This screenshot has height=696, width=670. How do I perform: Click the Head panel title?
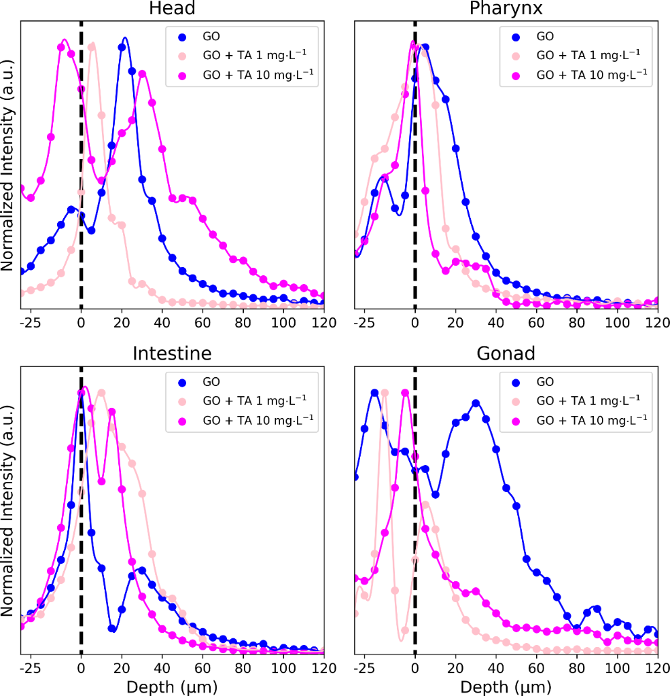pyautogui.click(x=173, y=9)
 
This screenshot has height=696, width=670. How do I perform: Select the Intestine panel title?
pyautogui.click(x=173, y=354)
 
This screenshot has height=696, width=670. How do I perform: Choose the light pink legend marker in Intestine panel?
pyautogui.click(x=183, y=401)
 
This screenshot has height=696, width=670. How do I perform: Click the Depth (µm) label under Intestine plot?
pyautogui.click(x=173, y=683)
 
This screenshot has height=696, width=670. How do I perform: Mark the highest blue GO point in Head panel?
pyautogui.click(x=122, y=47)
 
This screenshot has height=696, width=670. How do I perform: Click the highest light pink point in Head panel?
pyautogui.click(x=92, y=46)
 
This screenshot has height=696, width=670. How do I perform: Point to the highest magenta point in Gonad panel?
pyautogui.click(x=405, y=393)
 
